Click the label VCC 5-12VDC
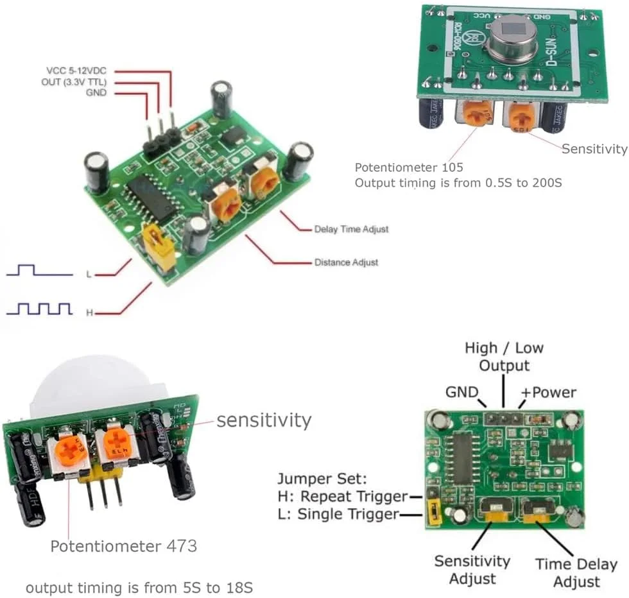76,71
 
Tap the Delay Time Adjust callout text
351,229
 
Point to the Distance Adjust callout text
346,262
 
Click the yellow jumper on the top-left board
159,245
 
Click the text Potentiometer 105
404,167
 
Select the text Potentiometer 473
123,547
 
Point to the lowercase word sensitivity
263,420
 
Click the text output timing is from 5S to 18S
143,588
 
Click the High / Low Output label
504,357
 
